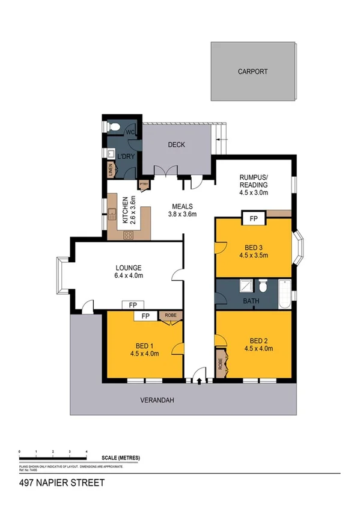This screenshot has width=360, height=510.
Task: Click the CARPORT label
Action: (x=252, y=72)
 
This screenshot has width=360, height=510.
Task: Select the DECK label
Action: (x=176, y=145)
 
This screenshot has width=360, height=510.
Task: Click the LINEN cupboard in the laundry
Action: (x=111, y=170)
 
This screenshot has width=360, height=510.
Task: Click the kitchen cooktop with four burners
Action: (x=128, y=235)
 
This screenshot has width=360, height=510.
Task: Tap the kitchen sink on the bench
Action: (x=112, y=212)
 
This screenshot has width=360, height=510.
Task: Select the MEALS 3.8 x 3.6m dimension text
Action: (x=182, y=214)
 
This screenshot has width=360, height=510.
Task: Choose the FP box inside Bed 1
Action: (x=145, y=316)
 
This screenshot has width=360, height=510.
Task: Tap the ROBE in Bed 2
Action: (x=222, y=364)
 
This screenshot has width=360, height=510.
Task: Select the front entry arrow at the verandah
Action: (x=198, y=380)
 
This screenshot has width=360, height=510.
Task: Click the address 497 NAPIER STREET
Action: (x=63, y=483)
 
